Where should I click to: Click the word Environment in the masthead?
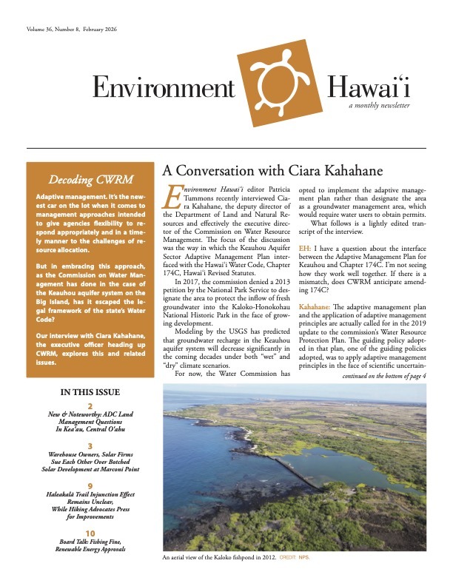[163, 88]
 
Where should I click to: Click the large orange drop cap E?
[172, 197]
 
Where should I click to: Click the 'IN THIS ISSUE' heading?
[89, 392]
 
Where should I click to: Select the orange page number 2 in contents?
[90, 407]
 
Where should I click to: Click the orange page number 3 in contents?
[90, 446]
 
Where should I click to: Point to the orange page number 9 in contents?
[90, 485]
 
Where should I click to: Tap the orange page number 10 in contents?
[90, 533]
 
